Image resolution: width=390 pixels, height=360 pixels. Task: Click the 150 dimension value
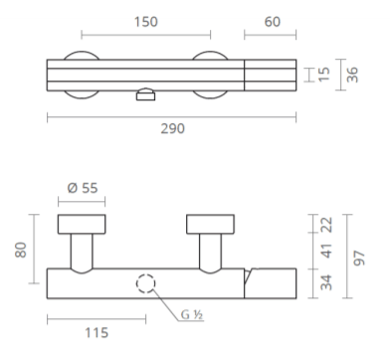click(x=145, y=22)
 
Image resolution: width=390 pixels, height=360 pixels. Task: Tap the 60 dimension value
click(x=273, y=22)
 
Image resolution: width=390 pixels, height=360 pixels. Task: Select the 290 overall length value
click(x=172, y=128)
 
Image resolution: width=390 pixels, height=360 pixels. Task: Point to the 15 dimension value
click(x=324, y=74)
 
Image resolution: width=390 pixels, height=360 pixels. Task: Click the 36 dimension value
click(x=352, y=75)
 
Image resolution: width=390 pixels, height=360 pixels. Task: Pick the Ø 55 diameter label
click(x=83, y=188)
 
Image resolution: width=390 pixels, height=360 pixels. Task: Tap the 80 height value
click(x=21, y=250)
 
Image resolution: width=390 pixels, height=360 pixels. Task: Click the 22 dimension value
click(x=326, y=225)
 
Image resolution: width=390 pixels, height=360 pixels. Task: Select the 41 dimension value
click(x=326, y=251)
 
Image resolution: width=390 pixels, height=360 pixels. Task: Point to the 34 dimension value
click(x=326, y=282)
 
